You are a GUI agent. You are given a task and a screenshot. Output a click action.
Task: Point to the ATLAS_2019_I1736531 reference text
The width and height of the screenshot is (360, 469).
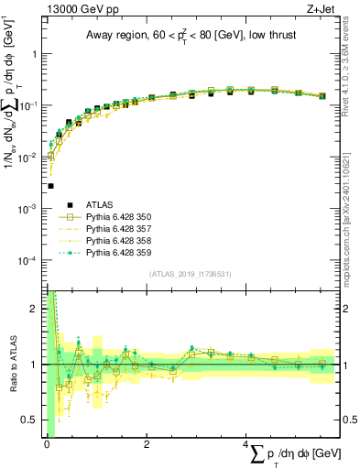point(191,274)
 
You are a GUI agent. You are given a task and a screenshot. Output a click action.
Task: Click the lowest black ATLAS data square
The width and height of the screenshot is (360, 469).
point(50,186)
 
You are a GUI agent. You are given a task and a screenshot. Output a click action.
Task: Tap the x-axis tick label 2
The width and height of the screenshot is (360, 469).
point(147,444)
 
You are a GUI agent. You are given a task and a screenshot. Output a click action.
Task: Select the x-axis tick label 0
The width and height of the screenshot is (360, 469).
point(47,444)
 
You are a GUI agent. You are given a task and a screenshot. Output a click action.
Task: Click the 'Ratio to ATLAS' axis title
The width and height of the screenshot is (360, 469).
point(11,365)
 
